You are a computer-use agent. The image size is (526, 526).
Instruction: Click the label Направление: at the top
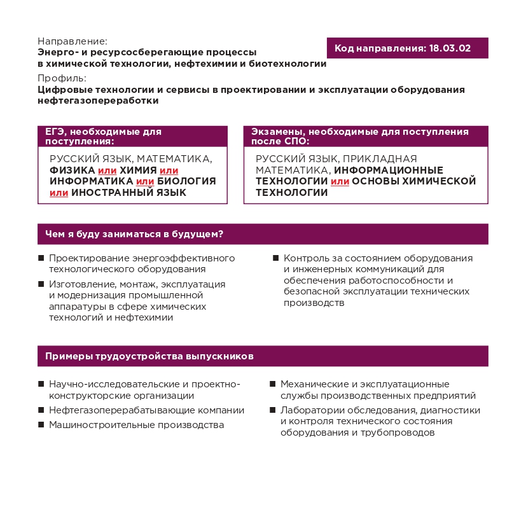[73, 41]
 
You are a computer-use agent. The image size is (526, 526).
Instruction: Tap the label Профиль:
[62, 78]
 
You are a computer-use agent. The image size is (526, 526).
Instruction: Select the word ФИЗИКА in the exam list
[72, 170]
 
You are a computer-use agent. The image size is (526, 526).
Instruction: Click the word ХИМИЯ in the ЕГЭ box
[137, 170]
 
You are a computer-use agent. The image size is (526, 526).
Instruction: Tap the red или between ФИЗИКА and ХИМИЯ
[106, 170]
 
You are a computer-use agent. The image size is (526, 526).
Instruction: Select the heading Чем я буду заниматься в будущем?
[134, 234]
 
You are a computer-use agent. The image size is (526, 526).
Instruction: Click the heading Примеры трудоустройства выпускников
[149, 356]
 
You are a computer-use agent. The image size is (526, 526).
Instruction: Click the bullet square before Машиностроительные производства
[41, 424]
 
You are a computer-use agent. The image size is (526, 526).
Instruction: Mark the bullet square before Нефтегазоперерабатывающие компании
[41, 410]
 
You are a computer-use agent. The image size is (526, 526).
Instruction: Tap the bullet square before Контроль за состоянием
[276, 258]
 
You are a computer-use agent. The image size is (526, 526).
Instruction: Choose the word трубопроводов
[398, 433]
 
